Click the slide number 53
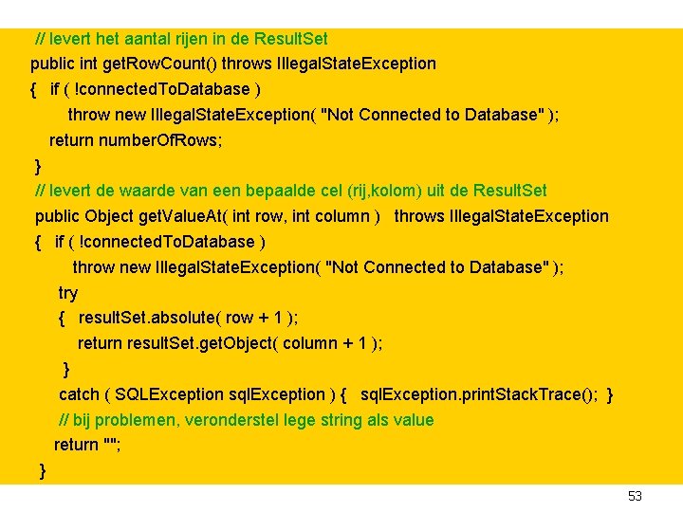tap(635, 497)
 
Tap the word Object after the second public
tap(111, 216)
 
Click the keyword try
tap(68, 293)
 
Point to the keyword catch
tap(79, 394)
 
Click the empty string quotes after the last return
tap(111, 445)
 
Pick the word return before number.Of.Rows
tap(71, 140)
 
